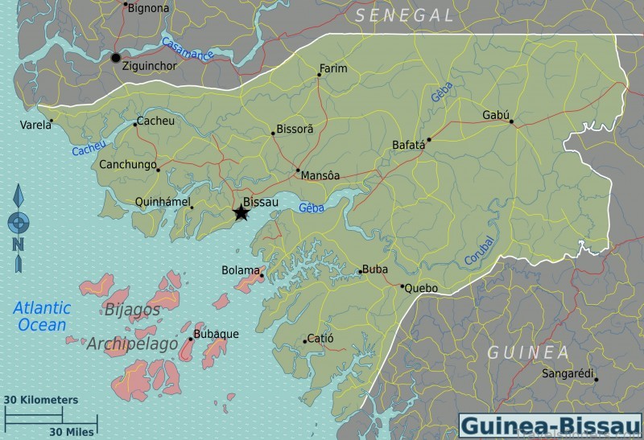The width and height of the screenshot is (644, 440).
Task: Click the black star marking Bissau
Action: (x=240, y=213)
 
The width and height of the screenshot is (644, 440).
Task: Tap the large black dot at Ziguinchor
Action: (x=116, y=58)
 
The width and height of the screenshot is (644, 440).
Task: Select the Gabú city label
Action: (x=496, y=115)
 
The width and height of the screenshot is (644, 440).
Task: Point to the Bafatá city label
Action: (x=407, y=146)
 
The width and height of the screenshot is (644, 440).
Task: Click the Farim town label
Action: (x=333, y=68)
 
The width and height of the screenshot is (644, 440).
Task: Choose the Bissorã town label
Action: (x=295, y=129)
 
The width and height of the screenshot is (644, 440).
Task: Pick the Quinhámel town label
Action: (x=161, y=202)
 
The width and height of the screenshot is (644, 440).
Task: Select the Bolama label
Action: (x=241, y=270)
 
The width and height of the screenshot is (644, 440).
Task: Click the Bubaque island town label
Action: (x=216, y=334)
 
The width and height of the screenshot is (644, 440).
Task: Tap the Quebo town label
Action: (x=421, y=288)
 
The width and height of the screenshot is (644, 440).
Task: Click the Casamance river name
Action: (x=187, y=50)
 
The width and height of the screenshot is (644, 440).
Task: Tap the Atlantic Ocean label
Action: (x=42, y=316)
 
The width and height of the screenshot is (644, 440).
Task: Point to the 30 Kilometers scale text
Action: (x=41, y=400)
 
